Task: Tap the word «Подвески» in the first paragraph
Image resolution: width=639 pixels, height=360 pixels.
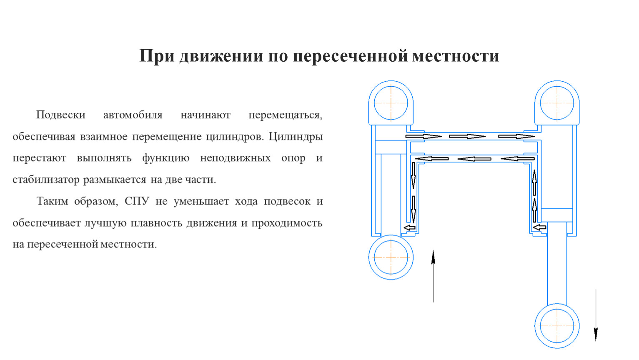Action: click(x=61, y=115)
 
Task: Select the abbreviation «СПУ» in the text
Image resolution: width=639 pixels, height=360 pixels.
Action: click(x=137, y=201)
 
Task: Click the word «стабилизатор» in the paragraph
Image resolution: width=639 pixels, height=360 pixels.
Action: click(x=46, y=180)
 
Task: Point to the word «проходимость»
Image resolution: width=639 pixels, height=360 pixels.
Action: click(x=287, y=223)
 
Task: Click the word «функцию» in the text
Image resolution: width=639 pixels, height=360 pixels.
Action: click(x=166, y=158)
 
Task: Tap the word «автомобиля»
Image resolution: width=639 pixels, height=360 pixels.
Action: click(x=133, y=115)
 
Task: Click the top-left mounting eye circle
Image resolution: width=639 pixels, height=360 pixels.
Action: click(x=391, y=103)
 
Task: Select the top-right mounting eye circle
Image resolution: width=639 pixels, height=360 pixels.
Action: click(x=557, y=103)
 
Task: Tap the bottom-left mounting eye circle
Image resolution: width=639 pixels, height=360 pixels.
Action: click(x=391, y=257)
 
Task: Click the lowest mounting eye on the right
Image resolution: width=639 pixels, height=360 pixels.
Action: click(x=557, y=326)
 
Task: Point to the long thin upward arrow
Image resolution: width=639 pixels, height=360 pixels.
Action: click(x=433, y=276)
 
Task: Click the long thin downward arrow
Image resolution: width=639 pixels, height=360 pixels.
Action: click(x=596, y=315)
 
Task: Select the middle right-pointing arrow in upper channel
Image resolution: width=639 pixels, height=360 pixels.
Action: click(x=467, y=136)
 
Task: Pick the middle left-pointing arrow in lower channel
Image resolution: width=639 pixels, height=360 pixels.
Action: click(x=474, y=159)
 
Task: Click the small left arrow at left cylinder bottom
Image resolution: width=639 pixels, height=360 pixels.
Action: click(x=409, y=227)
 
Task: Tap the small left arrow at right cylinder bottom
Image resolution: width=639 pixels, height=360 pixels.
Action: click(x=539, y=227)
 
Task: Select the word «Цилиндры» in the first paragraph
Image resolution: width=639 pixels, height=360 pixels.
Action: click(x=296, y=137)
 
